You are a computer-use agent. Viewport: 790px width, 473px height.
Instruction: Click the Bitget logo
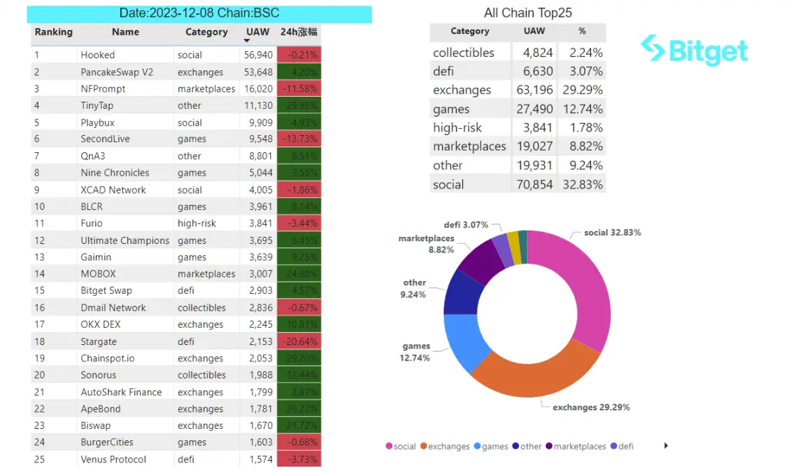[x=693, y=51]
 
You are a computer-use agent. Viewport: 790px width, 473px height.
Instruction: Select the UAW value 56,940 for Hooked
[x=258, y=55]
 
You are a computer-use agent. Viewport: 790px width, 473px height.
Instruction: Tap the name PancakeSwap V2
[x=117, y=72]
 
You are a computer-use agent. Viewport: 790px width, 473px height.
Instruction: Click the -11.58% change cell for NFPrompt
[x=299, y=89]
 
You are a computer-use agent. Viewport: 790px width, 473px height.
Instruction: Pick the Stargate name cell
[x=98, y=341]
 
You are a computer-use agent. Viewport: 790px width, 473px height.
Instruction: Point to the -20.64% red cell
[x=299, y=341]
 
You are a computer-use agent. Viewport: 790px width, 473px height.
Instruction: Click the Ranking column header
[x=53, y=32]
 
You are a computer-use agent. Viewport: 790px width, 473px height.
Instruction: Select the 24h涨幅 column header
[x=299, y=32]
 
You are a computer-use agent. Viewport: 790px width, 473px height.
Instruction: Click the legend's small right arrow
[x=666, y=446]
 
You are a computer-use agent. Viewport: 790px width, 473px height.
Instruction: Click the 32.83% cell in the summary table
[x=582, y=184]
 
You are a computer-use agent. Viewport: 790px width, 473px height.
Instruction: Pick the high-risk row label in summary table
[x=457, y=128]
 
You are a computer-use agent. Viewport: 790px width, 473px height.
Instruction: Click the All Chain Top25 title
[x=528, y=13]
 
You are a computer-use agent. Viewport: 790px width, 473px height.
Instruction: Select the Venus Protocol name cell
[x=113, y=459]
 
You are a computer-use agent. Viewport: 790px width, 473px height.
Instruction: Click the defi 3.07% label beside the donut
[x=466, y=225]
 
